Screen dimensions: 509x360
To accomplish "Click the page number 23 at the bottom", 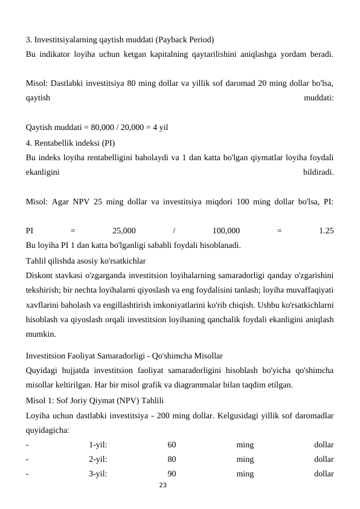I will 162,485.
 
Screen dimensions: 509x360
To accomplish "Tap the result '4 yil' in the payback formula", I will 160,128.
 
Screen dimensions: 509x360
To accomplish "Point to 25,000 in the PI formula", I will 124,230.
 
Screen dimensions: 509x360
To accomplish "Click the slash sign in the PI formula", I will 174,230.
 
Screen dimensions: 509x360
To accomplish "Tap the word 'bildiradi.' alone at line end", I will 318,172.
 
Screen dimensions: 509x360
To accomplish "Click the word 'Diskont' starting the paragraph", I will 40,276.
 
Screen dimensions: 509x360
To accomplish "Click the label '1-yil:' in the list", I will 98,445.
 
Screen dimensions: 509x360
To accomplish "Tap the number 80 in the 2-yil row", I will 172,459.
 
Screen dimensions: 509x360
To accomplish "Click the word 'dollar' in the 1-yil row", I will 324,445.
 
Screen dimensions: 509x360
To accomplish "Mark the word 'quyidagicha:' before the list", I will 48,430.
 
